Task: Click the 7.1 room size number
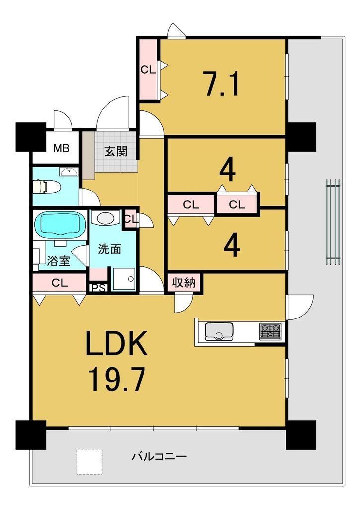pos(222,84)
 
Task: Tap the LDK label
pos(116,343)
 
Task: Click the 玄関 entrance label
pos(116,151)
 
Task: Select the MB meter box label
pos(61,149)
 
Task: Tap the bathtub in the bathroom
pos(60,225)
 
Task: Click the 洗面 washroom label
pos(110,249)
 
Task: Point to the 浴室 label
pos(59,261)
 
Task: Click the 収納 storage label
pos(184,283)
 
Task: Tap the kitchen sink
pos(219,332)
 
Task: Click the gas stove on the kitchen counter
pos(271,332)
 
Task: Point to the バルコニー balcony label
pos(159,457)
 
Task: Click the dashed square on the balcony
pos(89,462)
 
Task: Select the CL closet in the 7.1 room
pos(148,70)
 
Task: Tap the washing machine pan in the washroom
pos(124,279)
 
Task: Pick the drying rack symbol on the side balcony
pos(333,222)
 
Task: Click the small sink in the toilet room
pos(69,172)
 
